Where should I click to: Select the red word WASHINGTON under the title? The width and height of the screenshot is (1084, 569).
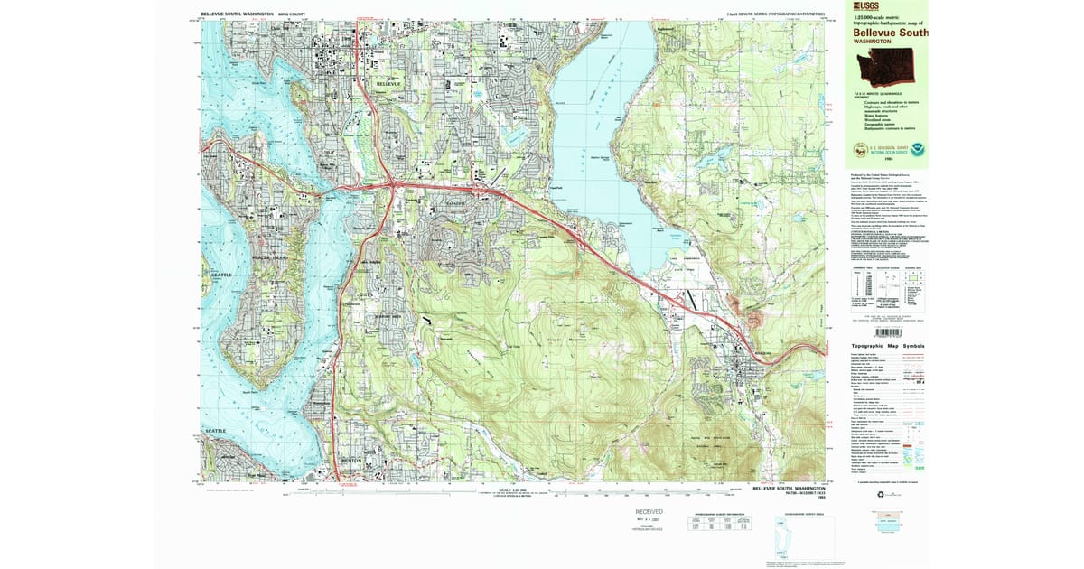[873, 42]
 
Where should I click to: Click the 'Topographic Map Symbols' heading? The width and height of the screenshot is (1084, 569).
[888, 347]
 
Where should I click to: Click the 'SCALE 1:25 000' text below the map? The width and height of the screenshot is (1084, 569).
[503, 488]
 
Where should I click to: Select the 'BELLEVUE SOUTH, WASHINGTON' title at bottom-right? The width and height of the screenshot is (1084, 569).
[785, 488]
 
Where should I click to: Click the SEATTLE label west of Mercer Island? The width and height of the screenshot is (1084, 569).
[221, 275]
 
